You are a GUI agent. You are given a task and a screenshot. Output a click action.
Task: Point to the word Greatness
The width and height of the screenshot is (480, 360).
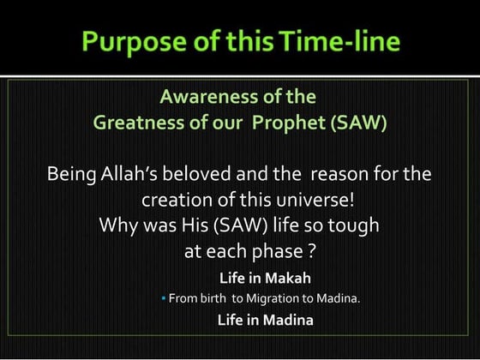tap(136, 123)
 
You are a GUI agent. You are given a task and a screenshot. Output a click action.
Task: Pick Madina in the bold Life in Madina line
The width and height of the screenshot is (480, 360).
tap(289, 321)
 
